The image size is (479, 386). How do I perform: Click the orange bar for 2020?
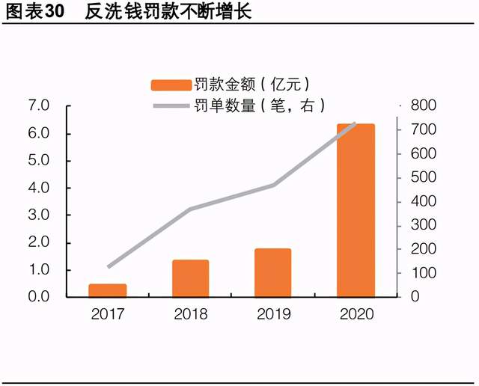point(356,210)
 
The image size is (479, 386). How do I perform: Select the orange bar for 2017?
point(108,290)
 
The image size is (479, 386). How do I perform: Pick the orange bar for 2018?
point(190,278)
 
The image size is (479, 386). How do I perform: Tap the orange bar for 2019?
point(272,272)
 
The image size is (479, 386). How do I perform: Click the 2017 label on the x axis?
point(108,313)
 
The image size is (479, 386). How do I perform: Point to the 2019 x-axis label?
point(272,313)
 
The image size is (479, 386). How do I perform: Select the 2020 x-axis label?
point(356,313)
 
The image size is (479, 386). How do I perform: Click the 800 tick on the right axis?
point(423,106)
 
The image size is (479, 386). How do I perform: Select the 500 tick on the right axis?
point(423,178)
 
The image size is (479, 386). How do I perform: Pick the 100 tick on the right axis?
point(423,273)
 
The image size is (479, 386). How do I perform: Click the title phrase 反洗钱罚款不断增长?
point(168,13)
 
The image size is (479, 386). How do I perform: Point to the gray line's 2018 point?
point(190,209)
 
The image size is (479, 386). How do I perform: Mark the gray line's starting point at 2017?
point(109,266)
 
